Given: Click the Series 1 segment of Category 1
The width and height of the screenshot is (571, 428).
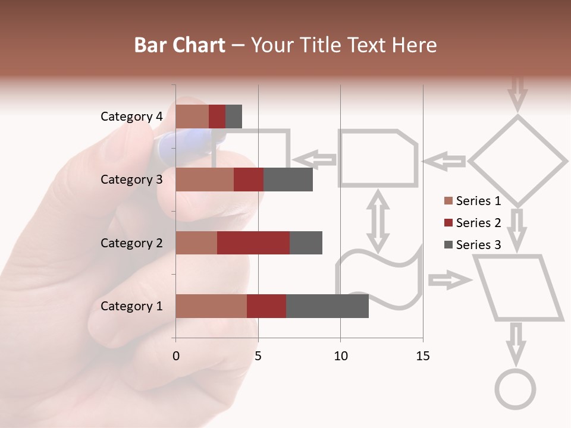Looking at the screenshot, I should coord(211,306).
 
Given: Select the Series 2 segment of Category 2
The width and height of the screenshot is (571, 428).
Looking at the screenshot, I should coord(253,243).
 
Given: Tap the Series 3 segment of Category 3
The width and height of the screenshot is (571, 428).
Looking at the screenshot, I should coord(288,180).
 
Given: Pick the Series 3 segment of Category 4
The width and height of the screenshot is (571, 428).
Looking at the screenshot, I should coord(234,117).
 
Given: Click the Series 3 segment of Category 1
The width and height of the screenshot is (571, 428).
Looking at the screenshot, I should coord(327,306).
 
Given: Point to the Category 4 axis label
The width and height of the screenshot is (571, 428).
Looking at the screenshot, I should coord(131,117).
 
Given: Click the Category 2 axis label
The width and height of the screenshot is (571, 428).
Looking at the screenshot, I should coord(131,243).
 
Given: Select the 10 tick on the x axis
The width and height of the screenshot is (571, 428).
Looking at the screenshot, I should coord(340,356).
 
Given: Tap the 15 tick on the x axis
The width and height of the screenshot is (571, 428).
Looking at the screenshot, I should coord(422,356).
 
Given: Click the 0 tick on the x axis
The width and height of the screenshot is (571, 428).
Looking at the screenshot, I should coord(175,356).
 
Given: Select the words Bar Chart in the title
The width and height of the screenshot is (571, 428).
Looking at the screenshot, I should coord(180,45).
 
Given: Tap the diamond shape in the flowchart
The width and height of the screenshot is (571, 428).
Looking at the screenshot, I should coord(517,160).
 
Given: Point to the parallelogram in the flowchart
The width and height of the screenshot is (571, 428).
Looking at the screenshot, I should coord(517,288).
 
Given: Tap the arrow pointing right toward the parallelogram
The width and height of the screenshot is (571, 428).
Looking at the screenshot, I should coord(448,280).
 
